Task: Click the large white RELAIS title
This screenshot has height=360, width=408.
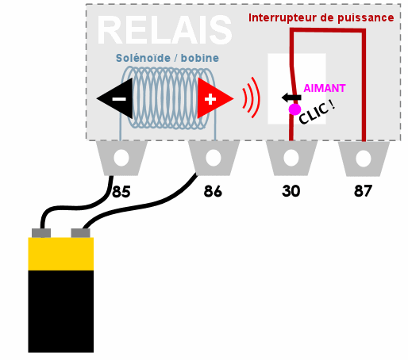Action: (164, 30)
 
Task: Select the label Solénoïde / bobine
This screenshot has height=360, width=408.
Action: (167, 58)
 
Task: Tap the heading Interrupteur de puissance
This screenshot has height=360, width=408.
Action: (321, 17)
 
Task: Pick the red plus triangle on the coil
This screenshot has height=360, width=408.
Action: (215, 98)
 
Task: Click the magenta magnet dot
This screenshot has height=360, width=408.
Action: (294, 109)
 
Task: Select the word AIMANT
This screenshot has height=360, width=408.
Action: (325, 88)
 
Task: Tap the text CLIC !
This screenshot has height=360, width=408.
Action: (317, 113)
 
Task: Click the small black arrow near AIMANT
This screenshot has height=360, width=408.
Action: (291, 98)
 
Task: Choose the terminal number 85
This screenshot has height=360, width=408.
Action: (121, 191)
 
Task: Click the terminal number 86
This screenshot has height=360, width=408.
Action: (213, 191)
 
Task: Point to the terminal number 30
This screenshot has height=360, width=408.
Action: (291, 191)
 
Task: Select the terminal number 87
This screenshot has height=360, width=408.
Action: (363, 191)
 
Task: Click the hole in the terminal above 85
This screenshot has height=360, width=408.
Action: (121, 158)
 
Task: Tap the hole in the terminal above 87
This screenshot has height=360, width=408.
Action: (364, 159)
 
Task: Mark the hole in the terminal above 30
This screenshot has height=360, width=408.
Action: (291, 158)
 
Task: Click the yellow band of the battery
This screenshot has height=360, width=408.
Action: (61, 254)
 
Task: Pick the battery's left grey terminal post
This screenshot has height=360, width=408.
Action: (41, 233)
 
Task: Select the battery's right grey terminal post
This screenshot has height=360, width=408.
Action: (81, 233)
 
